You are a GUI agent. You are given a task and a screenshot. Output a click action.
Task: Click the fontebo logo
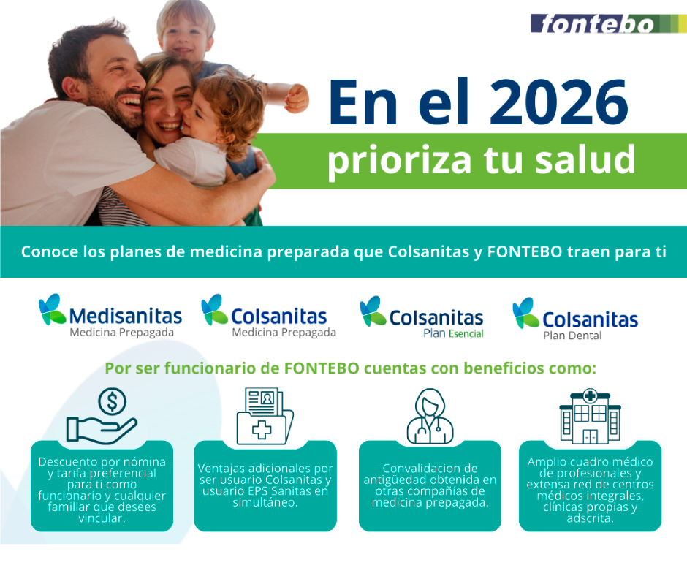click(x=608, y=23)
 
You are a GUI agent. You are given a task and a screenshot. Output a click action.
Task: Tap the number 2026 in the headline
click(x=558, y=102)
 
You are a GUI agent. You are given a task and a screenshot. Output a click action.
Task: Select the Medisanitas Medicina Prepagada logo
click(x=110, y=316)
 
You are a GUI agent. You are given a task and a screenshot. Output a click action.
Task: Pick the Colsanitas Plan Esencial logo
click(x=422, y=318)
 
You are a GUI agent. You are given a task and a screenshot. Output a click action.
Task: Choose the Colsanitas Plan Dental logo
click(x=575, y=319)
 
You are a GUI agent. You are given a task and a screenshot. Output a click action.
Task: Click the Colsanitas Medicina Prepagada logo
click(x=268, y=316)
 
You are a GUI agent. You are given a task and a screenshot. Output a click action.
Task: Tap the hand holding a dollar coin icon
click(x=102, y=416)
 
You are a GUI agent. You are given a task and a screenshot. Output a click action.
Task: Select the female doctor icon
click(x=430, y=417)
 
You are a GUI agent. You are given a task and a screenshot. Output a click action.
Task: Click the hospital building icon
click(x=591, y=416)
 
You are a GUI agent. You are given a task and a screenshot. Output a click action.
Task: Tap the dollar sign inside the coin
click(x=112, y=401)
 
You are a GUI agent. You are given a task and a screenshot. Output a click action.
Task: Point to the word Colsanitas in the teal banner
click(x=428, y=251)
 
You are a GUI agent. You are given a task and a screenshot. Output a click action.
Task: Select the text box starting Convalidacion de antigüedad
click(x=430, y=485)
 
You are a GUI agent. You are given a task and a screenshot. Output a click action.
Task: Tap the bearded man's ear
click(x=69, y=87)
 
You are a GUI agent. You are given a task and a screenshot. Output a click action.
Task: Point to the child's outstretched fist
click(x=297, y=97)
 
